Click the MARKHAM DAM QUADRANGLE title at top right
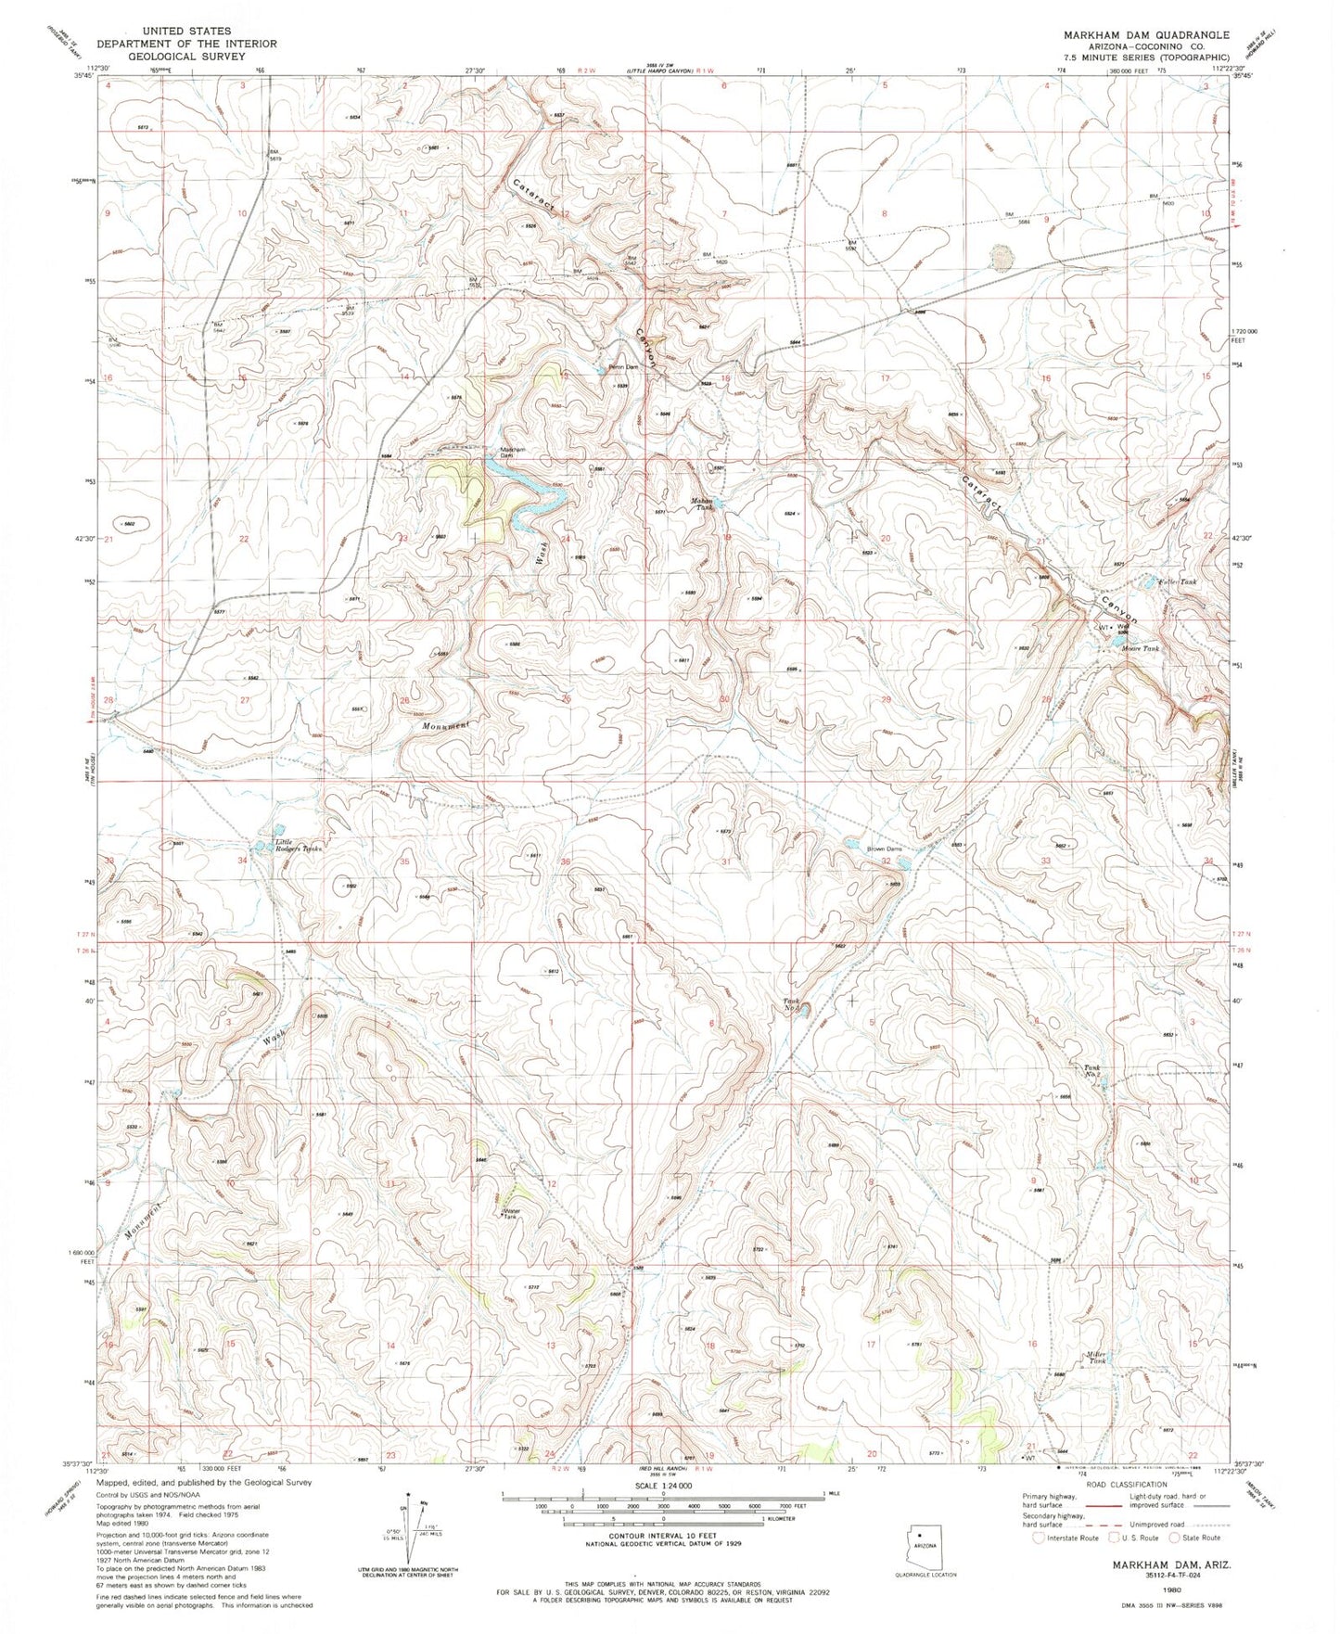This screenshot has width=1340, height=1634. (1133, 34)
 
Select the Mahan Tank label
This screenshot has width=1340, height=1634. (703, 504)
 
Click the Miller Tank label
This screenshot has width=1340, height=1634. (1097, 1357)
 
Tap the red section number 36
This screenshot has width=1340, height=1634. (566, 862)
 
